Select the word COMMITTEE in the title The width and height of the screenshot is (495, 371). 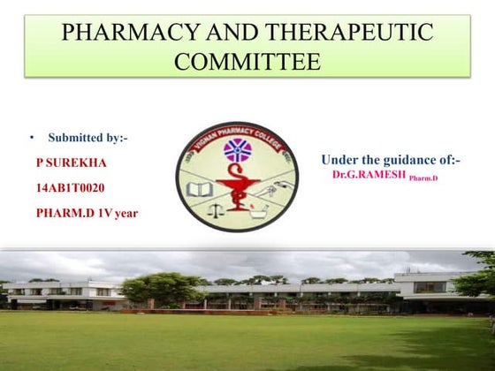click(247, 62)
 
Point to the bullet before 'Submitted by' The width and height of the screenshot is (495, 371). click(31, 139)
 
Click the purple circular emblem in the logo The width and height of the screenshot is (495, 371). click(237, 151)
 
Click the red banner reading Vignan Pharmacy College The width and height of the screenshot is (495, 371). click(236, 134)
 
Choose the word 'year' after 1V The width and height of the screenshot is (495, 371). click(126, 212)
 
